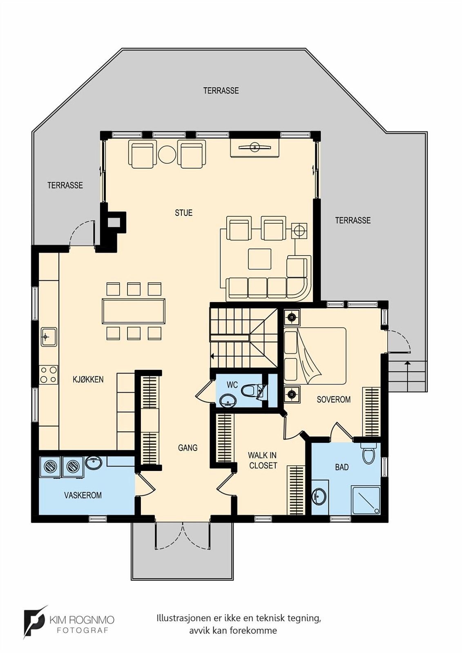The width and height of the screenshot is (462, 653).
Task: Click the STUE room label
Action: [183, 213]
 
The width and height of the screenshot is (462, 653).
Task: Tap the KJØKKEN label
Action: [88, 379]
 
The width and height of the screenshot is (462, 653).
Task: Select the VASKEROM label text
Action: [83, 495]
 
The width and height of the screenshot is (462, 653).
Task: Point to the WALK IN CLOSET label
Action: [262, 460]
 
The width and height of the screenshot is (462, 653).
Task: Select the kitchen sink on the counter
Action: [49, 337]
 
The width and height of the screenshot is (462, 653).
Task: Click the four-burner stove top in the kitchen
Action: [49, 375]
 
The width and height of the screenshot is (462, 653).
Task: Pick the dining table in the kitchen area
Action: [134, 311]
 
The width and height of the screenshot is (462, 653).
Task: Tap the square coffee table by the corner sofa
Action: [260, 259]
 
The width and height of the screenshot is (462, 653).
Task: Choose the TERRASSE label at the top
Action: [221, 91]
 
